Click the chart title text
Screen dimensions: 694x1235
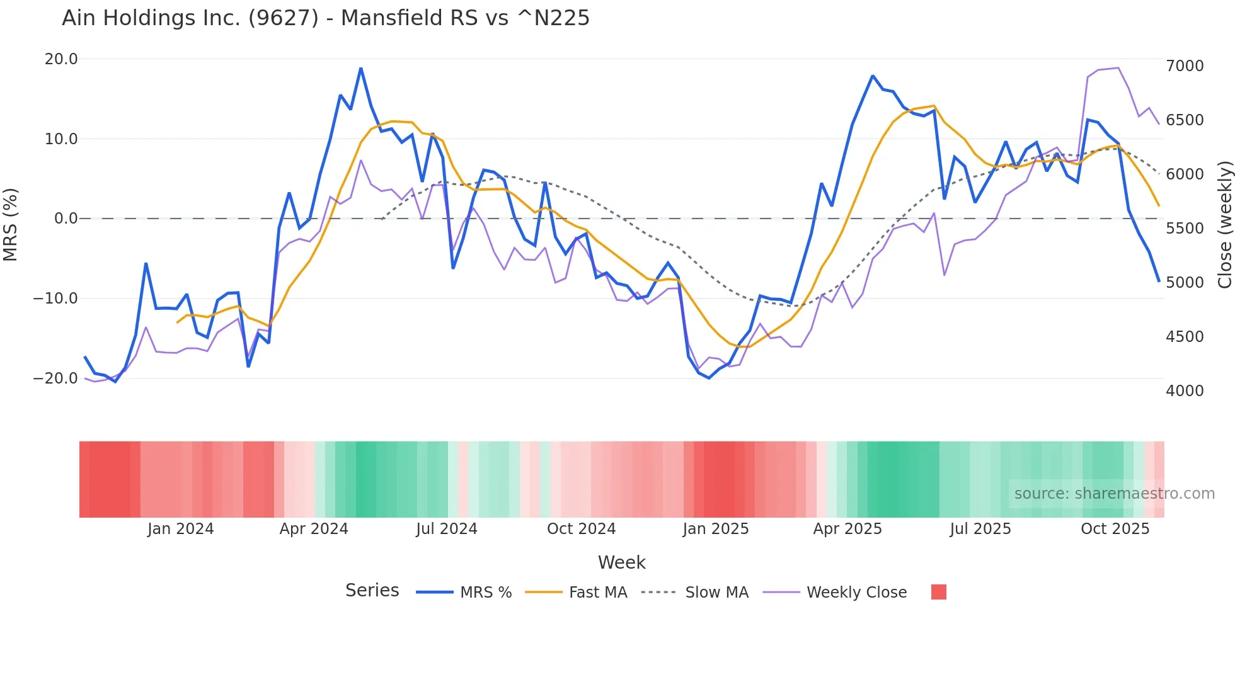pos(326,18)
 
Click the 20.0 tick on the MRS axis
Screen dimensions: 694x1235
pos(61,59)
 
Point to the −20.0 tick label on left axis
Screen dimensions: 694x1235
pos(55,378)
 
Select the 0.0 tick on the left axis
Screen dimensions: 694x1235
pos(66,219)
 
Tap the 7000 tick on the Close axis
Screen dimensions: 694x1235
pos(1185,66)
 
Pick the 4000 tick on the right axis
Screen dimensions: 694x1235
pos(1185,391)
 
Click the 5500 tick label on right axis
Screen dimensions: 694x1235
pos(1185,229)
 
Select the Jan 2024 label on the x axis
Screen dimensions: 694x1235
pos(181,529)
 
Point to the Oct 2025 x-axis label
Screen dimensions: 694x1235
pos(1115,529)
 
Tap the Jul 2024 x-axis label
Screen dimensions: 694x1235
pos(447,529)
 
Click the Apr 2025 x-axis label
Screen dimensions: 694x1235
pos(847,529)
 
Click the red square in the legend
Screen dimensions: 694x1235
pos(939,592)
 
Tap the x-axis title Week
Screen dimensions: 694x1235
pos(622,562)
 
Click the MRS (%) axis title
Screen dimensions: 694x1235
pos(11,225)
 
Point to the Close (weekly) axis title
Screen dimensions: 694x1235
pos(1224,225)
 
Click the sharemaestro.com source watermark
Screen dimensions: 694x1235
pos(1114,494)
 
